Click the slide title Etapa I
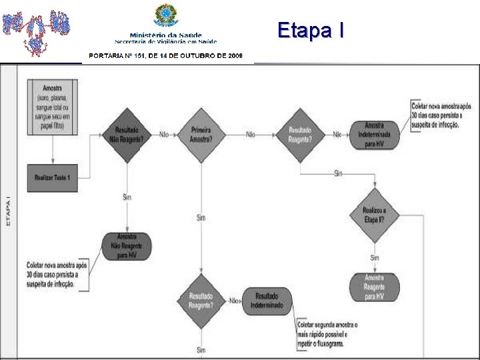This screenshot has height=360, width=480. pos(311,30)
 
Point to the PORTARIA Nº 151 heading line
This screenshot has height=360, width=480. pos(166,56)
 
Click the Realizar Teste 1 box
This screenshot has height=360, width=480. pos(52,177)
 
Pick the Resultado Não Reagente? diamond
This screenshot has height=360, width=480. pos(126,134)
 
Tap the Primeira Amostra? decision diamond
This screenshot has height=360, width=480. pos(201,134)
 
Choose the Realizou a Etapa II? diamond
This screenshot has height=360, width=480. pos(374,215)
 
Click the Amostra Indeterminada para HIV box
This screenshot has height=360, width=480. pos(374,134)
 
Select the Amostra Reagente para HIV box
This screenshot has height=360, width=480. pos(374,286)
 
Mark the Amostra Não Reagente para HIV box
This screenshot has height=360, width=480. pos(126,246)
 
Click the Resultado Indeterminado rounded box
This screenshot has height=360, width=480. pos(267,301)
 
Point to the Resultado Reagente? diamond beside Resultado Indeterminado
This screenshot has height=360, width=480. pos(201,301)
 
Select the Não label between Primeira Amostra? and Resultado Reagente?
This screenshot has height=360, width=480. pos(250,135)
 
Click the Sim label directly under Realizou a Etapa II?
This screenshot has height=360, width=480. pos(374,258)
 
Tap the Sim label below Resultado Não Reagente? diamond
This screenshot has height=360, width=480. pos(127,197)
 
